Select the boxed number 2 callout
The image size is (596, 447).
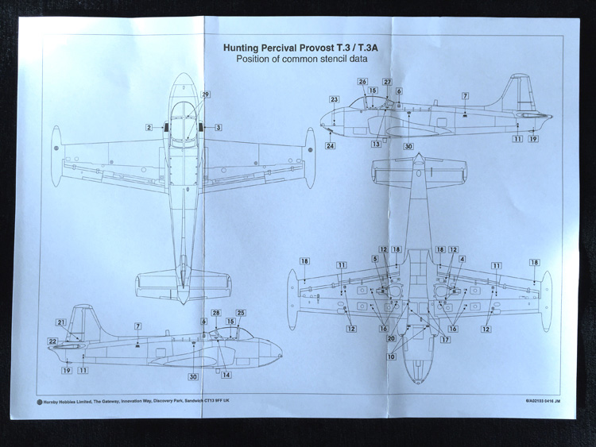click(x=149, y=127)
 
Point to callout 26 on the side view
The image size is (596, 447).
click(x=362, y=82)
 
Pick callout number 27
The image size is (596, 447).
click(x=387, y=82)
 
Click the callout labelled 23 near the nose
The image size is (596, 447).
click(x=335, y=99)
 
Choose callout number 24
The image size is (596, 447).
click(x=330, y=146)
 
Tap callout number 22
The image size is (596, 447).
click(x=52, y=341)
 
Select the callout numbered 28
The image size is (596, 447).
click(x=216, y=313)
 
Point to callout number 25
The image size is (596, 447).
click(x=241, y=313)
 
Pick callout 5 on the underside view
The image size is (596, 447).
click(x=374, y=259)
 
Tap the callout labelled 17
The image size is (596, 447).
click(x=445, y=340)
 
